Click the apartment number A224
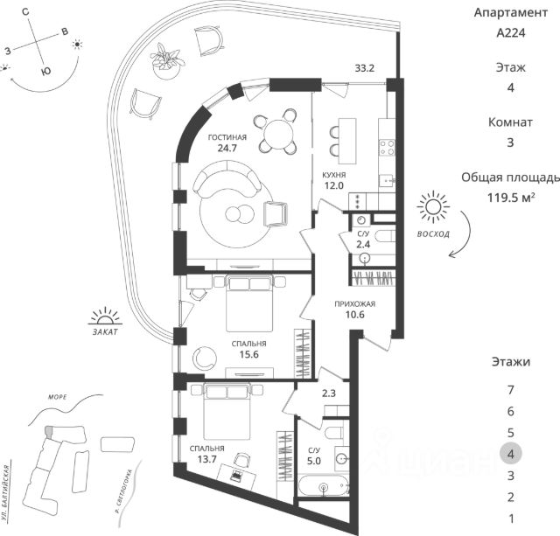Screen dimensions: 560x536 511,36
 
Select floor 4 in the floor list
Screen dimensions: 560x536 510,453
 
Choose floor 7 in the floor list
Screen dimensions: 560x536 510,389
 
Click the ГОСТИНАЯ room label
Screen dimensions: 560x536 227,137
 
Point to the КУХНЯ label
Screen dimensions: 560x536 333,175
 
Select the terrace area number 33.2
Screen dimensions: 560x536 365,67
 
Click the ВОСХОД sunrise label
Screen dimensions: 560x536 433,235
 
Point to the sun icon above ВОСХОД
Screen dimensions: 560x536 431,210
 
